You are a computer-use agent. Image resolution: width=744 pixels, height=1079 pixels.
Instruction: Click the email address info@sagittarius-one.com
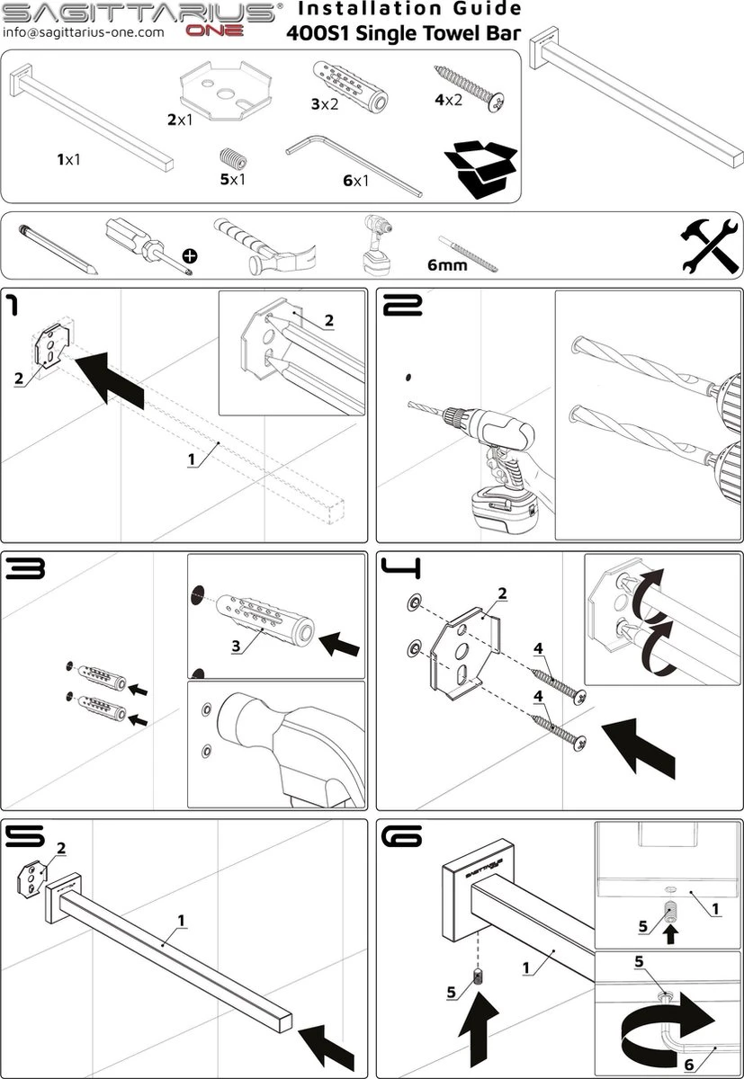point(84,31)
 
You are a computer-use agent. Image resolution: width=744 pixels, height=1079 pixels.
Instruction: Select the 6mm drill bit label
point(446,265)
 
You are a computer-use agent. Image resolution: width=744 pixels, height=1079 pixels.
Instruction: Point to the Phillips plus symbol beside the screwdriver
point(190,256)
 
